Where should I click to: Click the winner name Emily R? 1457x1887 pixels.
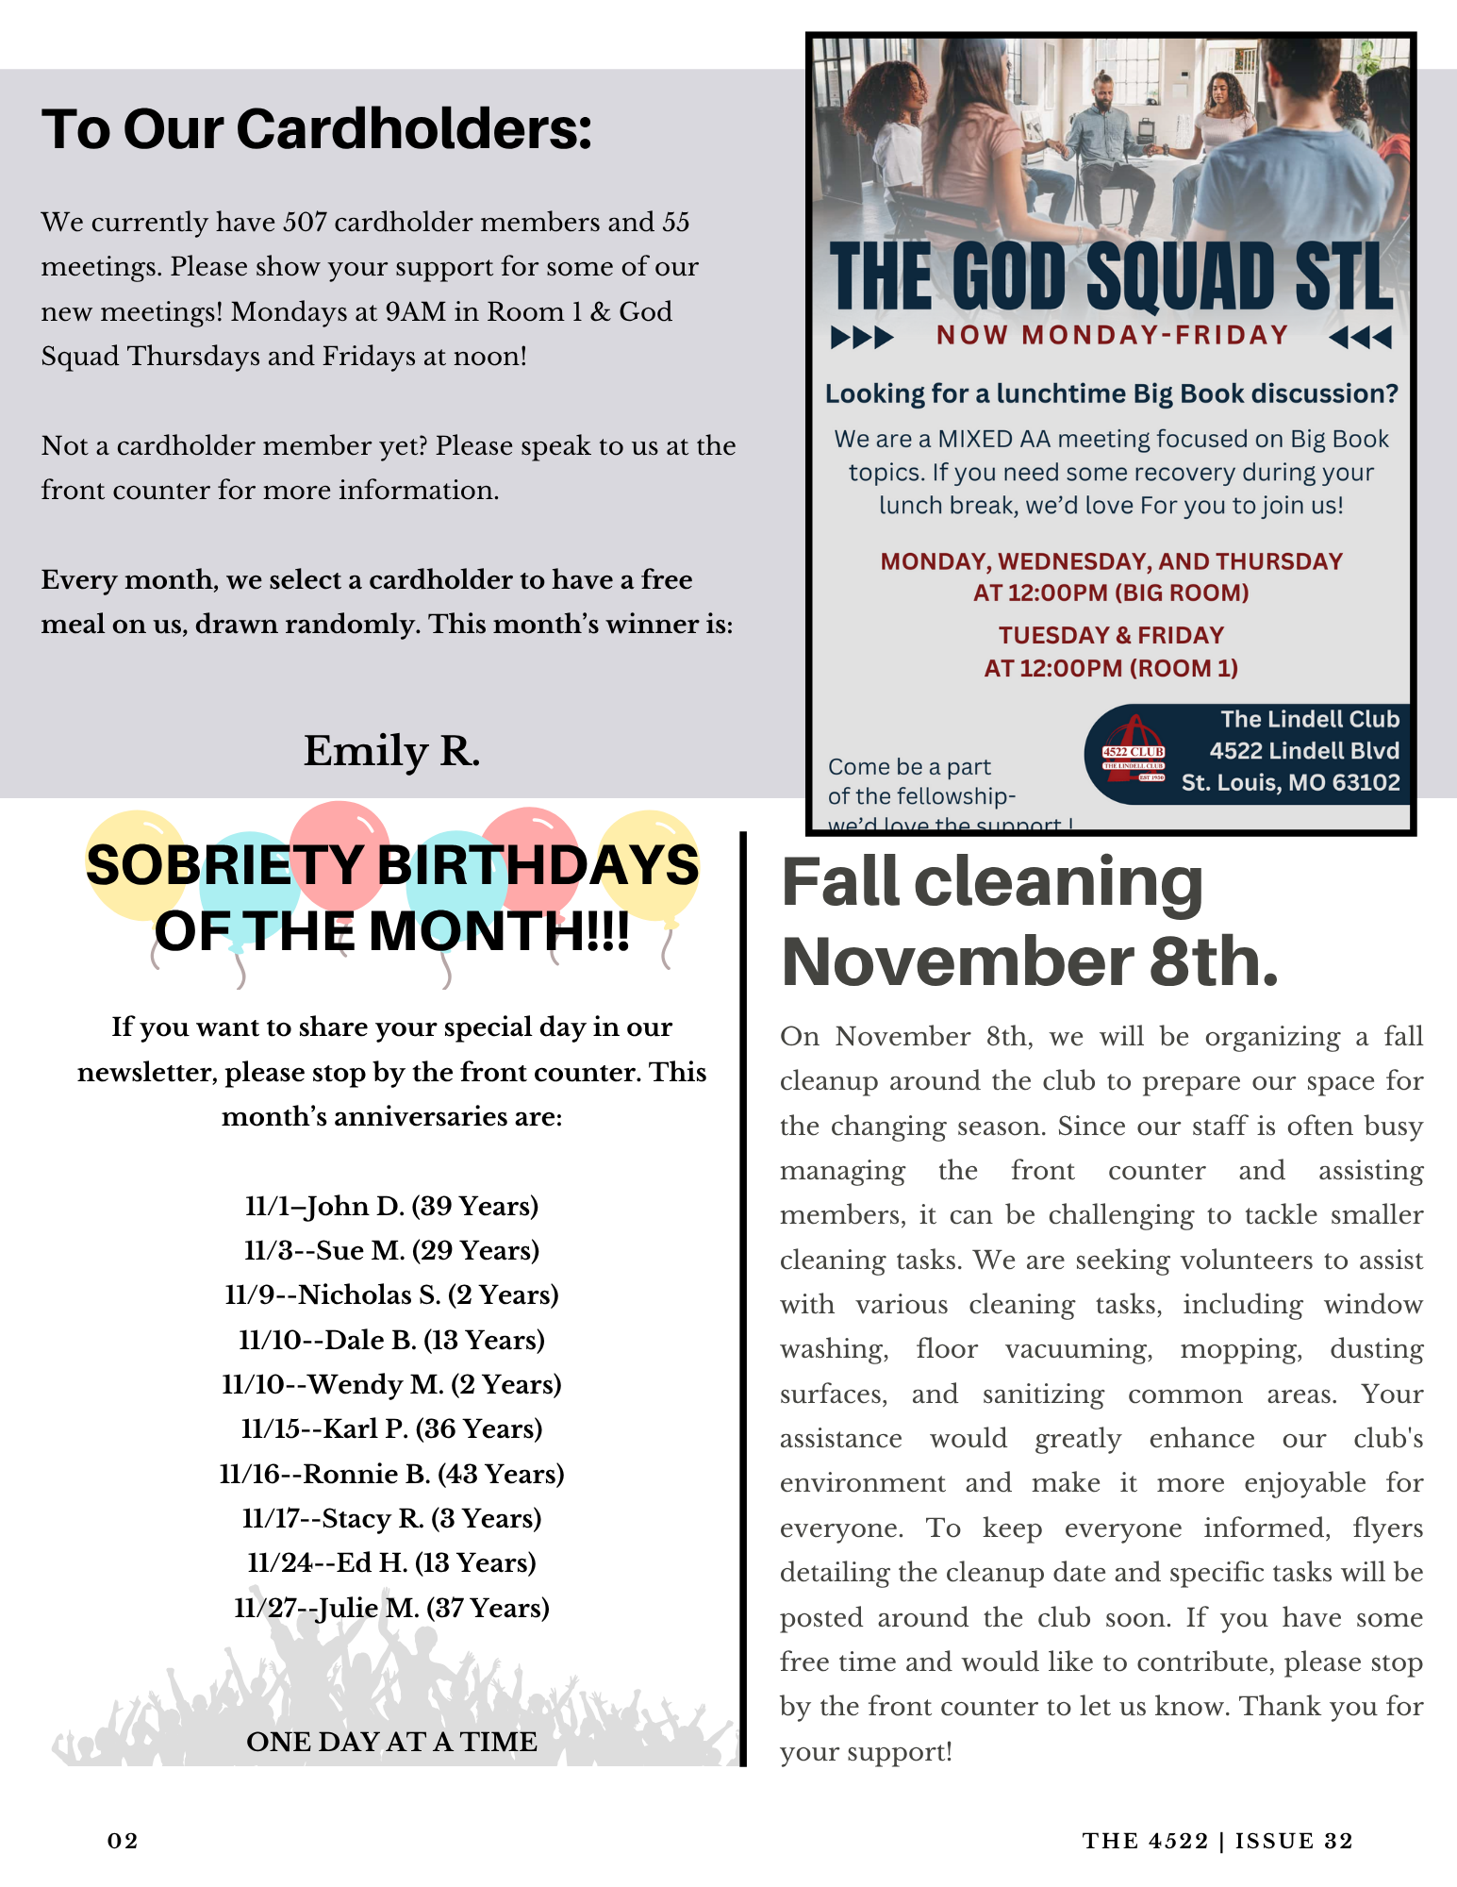(391, 752)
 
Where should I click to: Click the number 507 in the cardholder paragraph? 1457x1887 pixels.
(305, 223)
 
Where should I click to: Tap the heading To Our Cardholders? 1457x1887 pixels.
(317, 129)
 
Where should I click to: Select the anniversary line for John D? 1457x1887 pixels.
(391, 1207)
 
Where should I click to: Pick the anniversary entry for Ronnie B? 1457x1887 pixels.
(391, 1475)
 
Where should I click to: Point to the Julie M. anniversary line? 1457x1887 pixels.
(391, 1609)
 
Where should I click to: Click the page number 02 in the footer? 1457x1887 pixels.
(123, 1841)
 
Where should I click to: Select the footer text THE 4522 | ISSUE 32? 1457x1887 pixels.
(1217, 1841)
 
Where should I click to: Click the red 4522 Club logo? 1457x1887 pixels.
(1134, 751)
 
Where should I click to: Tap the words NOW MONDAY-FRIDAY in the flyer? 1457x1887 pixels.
(1112, 336)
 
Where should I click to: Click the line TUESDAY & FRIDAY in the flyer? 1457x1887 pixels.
(1111, 635)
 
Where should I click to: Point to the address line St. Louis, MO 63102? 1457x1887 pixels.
(1290, 783)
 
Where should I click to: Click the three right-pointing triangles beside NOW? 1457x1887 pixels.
(862, 337)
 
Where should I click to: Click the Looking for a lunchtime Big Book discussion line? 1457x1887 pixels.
(1111, 394)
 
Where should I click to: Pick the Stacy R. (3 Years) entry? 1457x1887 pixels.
(391, 1519)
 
